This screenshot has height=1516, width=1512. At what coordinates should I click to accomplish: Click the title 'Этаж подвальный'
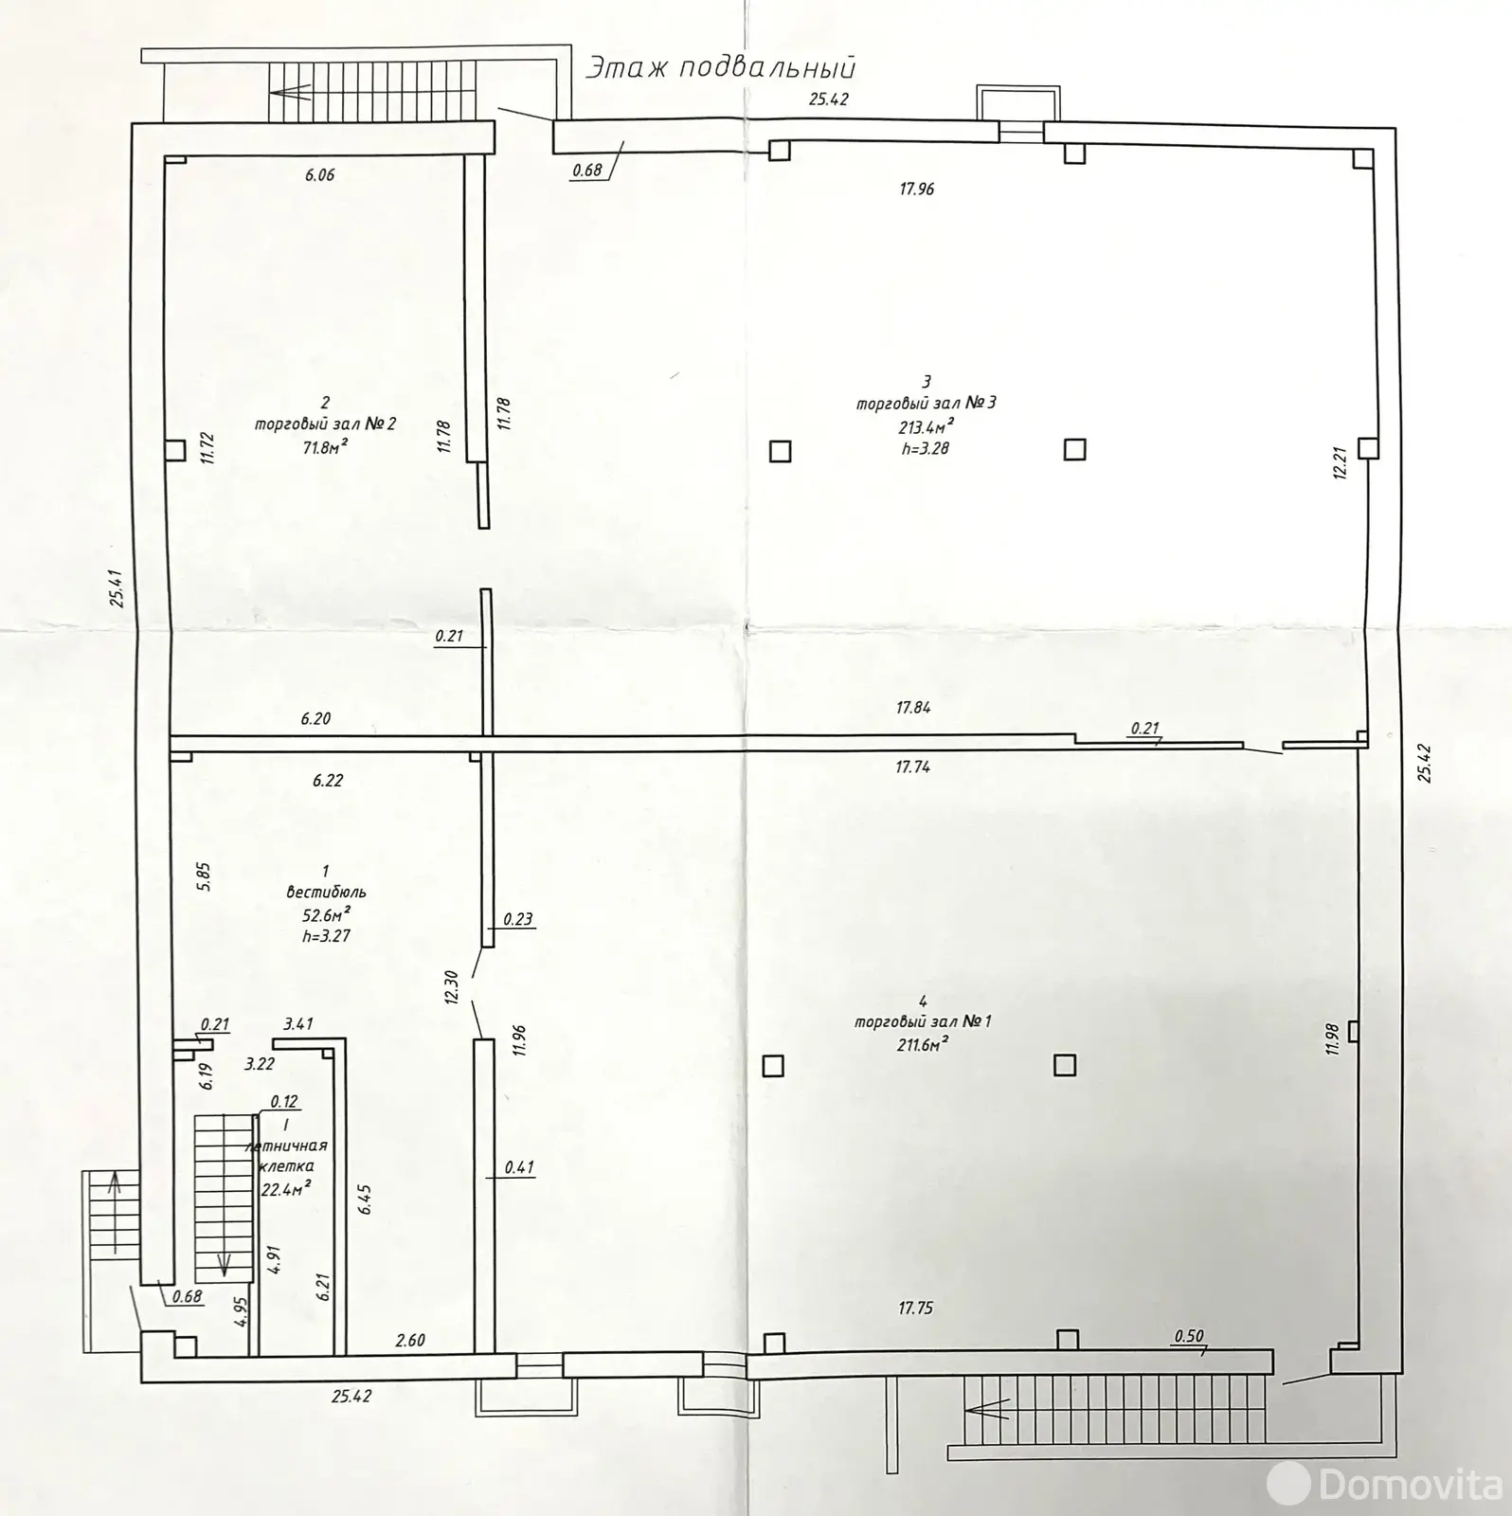[x=721, y=68]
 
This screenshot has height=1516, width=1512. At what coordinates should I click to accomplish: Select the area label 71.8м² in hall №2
[x=319, y=447]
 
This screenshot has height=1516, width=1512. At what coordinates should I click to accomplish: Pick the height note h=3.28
[x=926, y=448]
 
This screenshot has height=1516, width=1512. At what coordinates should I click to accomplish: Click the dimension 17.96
[x=916, y=189]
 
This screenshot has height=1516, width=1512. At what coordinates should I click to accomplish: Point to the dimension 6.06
[x=319, y=174]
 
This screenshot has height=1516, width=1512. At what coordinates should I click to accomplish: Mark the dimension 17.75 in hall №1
[x=915, y=1308]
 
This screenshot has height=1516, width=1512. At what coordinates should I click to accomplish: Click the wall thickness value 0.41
[x=519, y=1168]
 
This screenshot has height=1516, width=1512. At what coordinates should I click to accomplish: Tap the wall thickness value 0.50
[x=1188, y=1336]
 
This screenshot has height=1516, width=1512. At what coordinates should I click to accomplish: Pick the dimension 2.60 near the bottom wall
[x=410, y=1340]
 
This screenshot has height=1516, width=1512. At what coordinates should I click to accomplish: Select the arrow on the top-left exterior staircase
[x=290, y=93]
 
